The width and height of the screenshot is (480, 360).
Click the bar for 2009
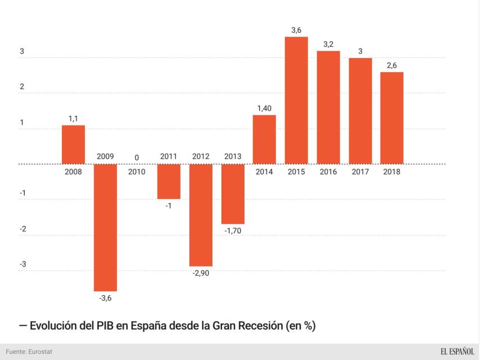coord(105,227)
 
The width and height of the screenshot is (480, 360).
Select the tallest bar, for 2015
coord(296,100)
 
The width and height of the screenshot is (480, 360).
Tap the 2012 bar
coord(201,215)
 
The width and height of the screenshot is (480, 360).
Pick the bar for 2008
coord(73,145)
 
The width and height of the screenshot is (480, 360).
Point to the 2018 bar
coord(392,118)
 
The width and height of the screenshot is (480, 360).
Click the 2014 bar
coord(264,139)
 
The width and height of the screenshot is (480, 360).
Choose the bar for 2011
coord(169,181)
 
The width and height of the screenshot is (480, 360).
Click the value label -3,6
coord(105,298)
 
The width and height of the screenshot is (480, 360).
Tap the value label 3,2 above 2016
coord(328,43)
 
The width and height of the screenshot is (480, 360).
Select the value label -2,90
coord(201,273)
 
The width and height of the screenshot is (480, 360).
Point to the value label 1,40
coord(264,107)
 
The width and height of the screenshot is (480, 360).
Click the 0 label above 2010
coord(137,157)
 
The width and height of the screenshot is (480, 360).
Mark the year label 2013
coord(233,156)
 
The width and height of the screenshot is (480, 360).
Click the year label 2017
coord(360,172)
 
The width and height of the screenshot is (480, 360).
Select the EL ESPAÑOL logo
coord(457,352)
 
